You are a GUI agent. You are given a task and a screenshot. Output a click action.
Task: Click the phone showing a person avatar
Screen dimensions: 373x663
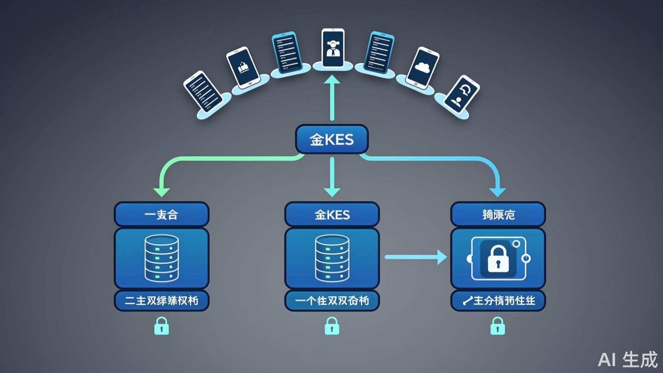332,49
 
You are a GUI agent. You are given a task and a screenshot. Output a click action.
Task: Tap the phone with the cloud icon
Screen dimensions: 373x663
422,68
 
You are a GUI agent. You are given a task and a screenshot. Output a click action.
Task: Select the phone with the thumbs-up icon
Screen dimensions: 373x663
243,68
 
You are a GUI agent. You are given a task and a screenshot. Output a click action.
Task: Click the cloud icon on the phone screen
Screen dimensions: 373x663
422,67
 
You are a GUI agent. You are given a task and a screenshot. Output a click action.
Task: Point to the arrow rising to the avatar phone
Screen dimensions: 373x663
332,99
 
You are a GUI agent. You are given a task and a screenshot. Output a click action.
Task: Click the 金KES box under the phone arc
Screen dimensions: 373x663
331,139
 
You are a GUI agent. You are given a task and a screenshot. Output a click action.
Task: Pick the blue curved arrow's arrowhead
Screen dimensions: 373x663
498,192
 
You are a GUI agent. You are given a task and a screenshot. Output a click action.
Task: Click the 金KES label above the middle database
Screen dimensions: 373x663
332,215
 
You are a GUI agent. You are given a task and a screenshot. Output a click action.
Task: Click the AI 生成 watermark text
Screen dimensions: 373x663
628,359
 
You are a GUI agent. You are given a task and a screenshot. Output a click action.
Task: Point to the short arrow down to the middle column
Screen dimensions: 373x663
332,177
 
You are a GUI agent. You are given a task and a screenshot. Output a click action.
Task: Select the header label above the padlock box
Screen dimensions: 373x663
498,215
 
